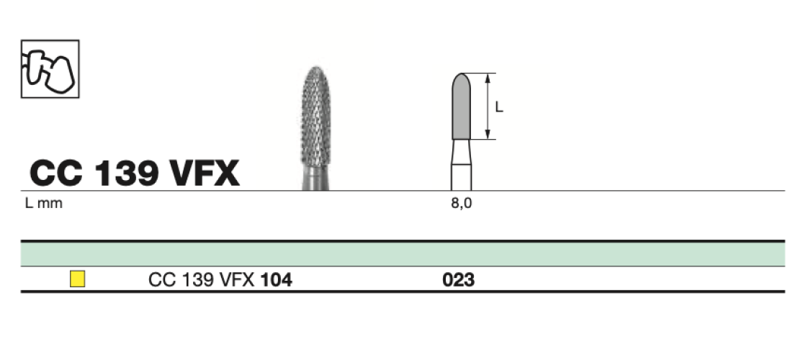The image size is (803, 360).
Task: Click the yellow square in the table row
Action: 77,279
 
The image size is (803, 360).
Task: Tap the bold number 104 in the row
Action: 276,280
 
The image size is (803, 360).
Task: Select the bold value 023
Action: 458,280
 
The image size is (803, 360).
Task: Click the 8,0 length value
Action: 462,203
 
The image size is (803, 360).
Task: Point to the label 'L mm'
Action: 43,203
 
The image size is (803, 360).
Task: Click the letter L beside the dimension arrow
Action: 499,107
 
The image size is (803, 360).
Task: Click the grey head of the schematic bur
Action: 462,106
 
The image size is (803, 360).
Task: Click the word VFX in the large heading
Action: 205,173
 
